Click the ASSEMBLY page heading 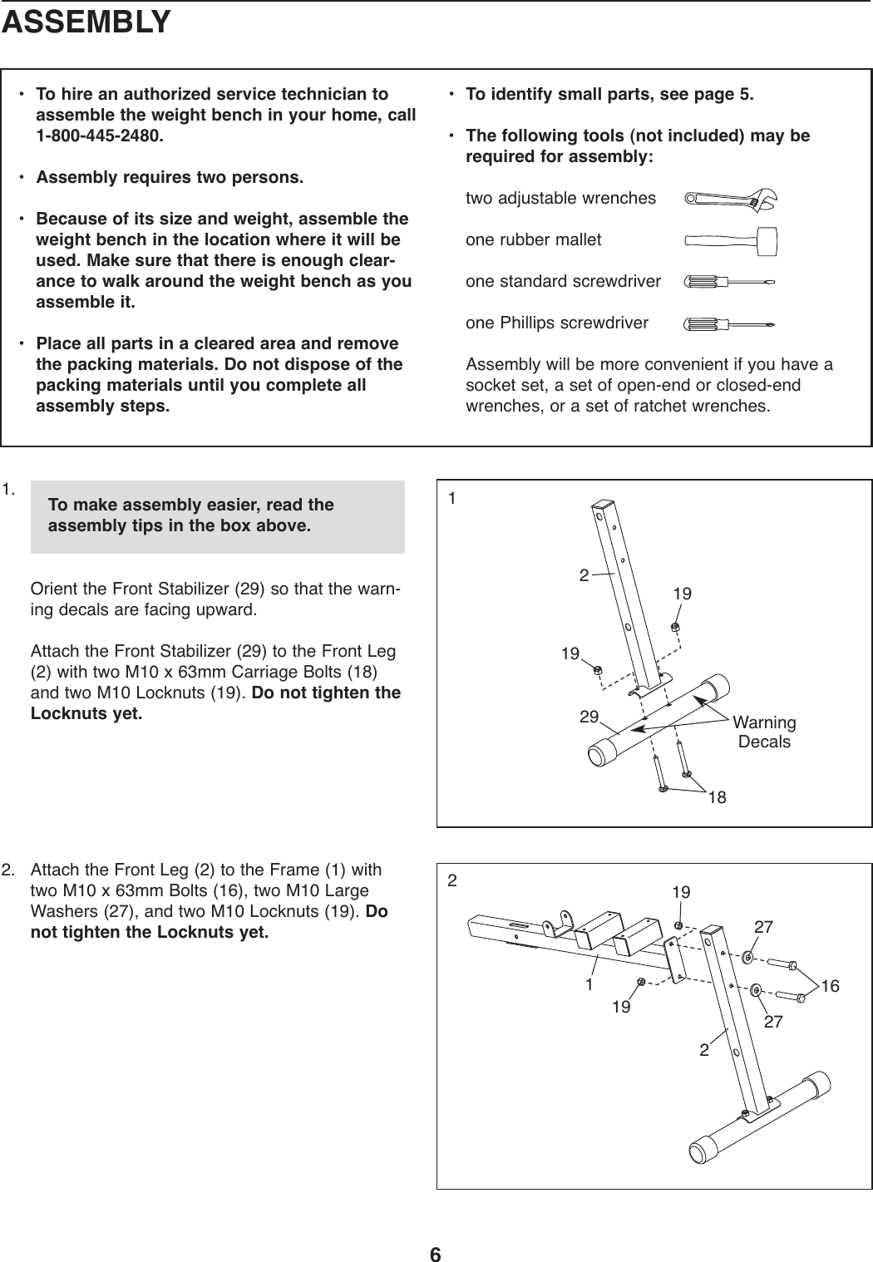coord(86,22)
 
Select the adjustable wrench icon coord(729,200)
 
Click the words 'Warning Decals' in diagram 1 coord(765,732)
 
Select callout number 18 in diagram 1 coord(717,798)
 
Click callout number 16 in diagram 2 coord(829,986)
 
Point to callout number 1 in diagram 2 coord(589,985)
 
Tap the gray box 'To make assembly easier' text coord(191,515)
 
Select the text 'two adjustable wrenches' coord(560,199)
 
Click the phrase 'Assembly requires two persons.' coord(170,178)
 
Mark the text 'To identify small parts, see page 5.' coord(609,93)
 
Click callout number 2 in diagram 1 coord(584,574)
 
